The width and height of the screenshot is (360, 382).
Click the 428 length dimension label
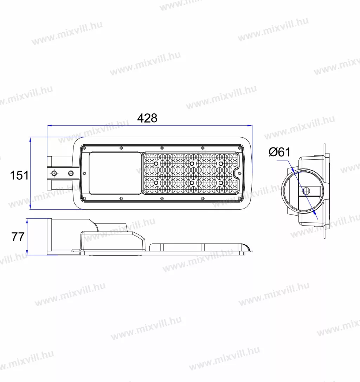pos(147,118)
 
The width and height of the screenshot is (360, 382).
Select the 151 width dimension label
pos(19,175)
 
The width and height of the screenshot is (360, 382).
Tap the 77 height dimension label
pos(18,237)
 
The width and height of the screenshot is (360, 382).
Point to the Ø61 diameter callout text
pos(279,152)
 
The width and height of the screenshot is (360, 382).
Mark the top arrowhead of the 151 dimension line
pos(30,140)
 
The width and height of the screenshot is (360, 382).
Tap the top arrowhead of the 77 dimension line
pos(27,221)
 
